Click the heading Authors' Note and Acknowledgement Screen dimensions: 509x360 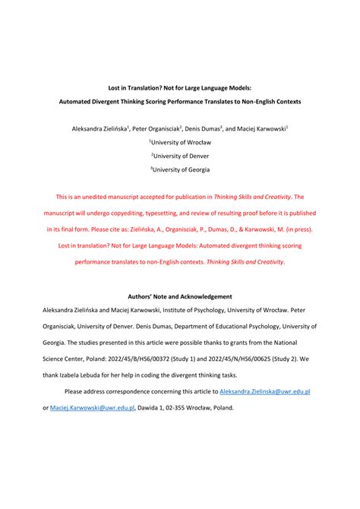click(x=179, y=296)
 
